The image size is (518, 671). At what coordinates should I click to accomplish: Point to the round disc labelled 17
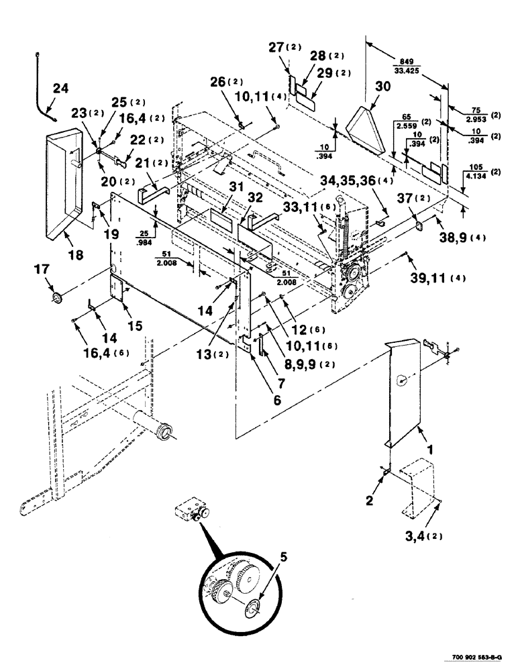(56, 297)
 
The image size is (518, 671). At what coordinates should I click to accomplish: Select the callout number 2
(369, 499)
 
